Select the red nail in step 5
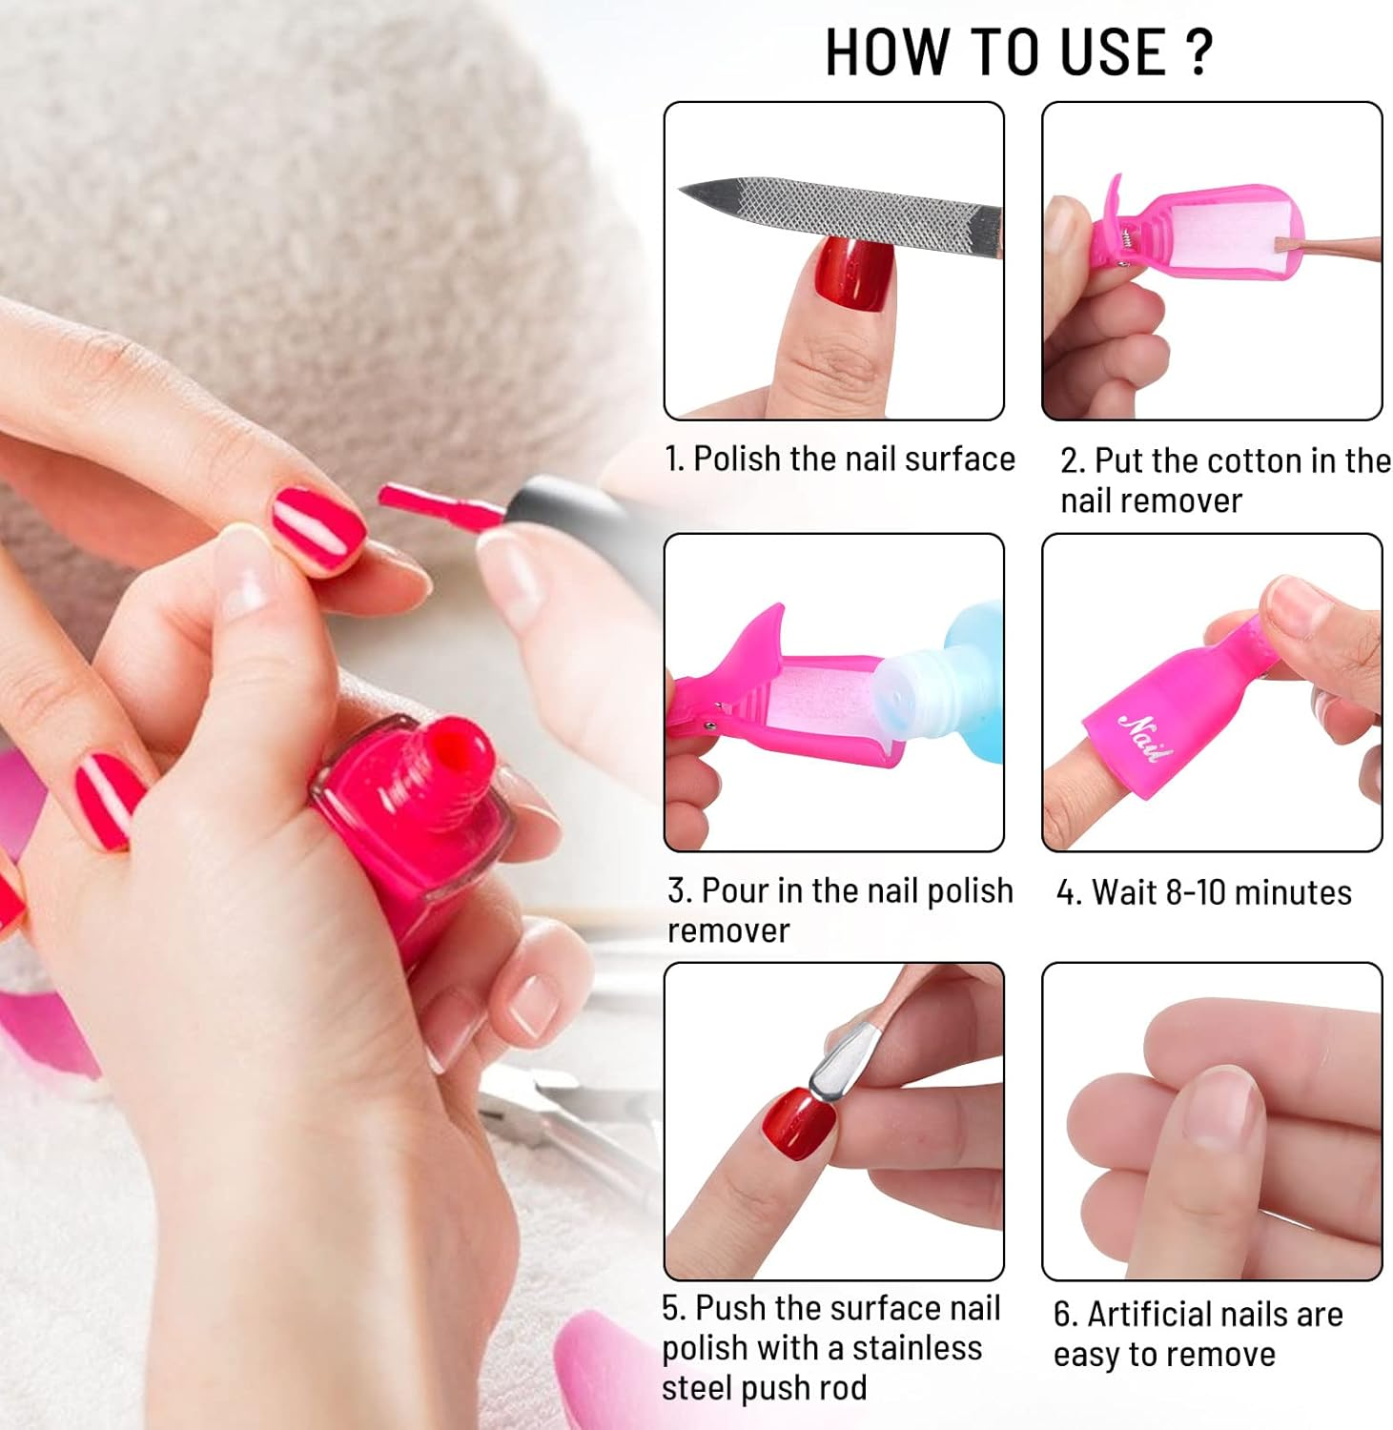[798, 1125]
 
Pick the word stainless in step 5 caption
[916, 1348]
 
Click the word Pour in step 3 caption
[735, 890]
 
